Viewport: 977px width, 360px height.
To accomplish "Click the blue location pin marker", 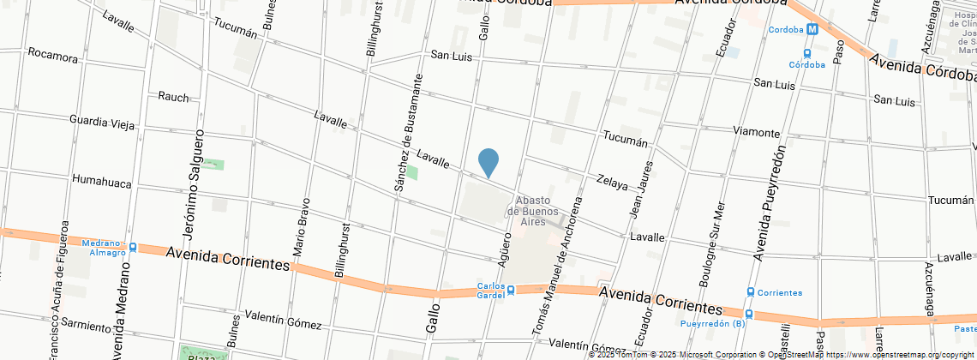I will pyautogui.click(x=488, y=162).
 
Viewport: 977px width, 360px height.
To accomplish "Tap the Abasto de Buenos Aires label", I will pyautogui.click(x=533, y=210).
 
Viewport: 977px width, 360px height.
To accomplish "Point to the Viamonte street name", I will pyautogui.click(x=757, y=132).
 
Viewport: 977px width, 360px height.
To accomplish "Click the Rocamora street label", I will pyautogui.click(x=53, y=55).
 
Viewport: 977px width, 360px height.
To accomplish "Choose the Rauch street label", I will pyautogui.click(x=173, y=97).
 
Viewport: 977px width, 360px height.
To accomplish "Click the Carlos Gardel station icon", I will pyautogui.click(x=511, y=290).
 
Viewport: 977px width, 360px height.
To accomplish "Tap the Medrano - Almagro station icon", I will pyautogui.click(x=134, y=248).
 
